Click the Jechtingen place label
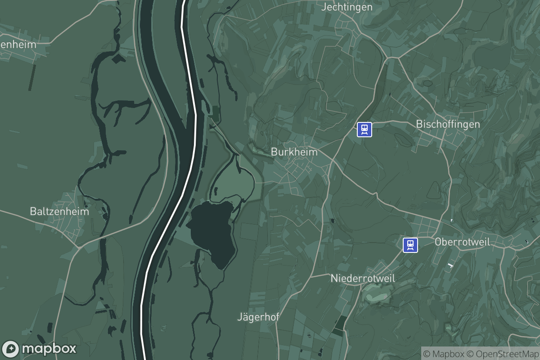point(347,7)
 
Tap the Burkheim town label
point(294,152)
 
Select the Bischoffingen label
point(448,124)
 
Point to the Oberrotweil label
point(462,242)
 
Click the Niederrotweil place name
point(363,278)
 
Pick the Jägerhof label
point(258,317)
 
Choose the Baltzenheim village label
point(59,211)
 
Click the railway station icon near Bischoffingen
point(364,130)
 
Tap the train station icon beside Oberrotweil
point(410,245)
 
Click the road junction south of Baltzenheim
point(79,247)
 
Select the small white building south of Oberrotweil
point(449,265)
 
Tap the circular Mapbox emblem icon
point(11,349)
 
